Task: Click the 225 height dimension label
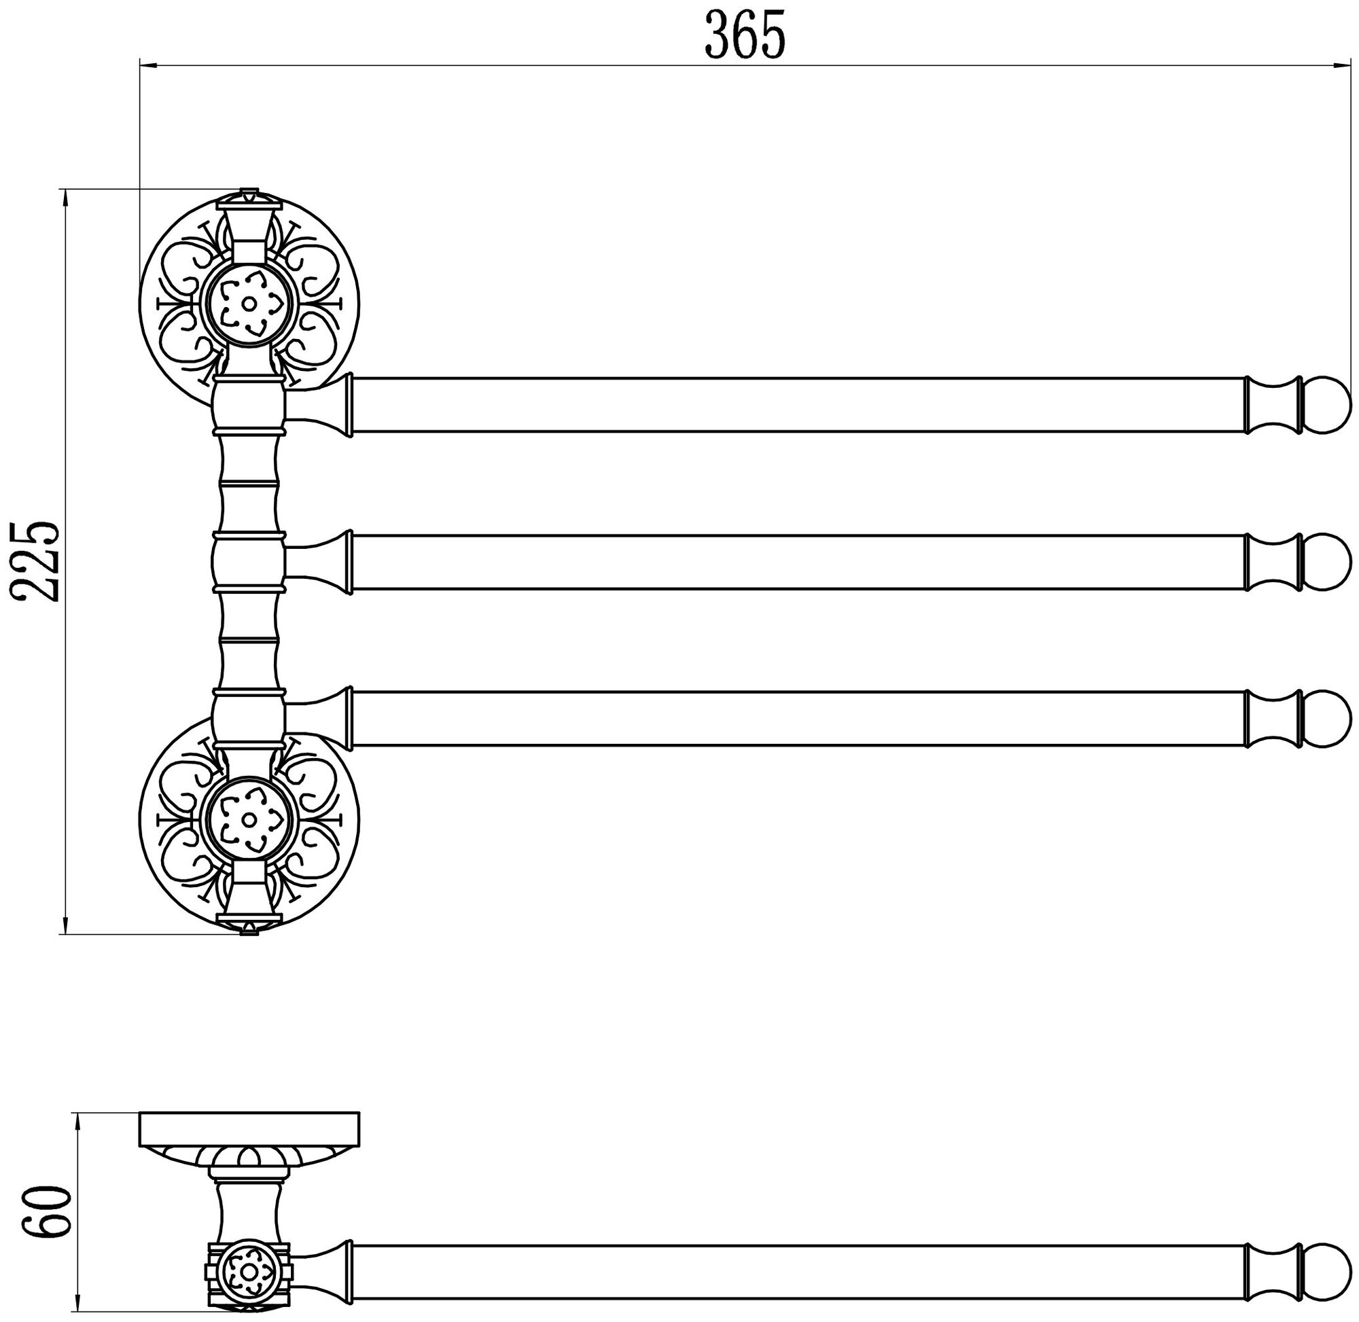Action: (x=36, y=561)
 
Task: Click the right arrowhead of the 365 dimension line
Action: (x=1341, y=66)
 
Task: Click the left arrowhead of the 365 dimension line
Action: (x=148, y=66)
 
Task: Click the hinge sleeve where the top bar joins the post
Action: (x=249, y=405)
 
